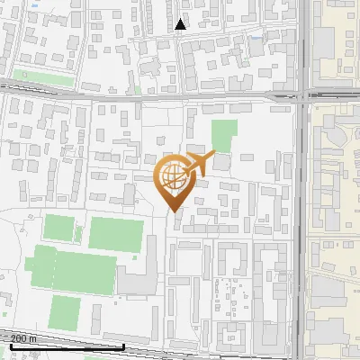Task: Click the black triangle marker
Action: [181, 24]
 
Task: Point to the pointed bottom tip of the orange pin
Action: [174, 212]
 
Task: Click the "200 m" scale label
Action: [24, 338]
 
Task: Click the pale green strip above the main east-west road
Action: [45, 79]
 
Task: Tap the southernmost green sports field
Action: [65, 311]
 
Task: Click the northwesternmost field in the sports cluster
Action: [59, 229]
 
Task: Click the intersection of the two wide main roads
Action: [303, 94]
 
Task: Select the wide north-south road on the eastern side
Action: [303, 225]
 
